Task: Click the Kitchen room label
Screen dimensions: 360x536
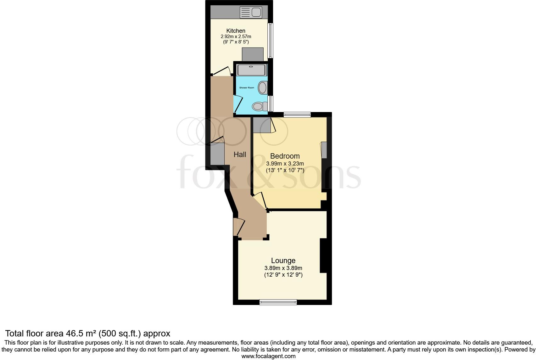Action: (x=236, y=31)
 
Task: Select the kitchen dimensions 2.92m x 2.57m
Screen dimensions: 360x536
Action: (x=236, y=37)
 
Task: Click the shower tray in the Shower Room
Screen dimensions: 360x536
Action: (x=251, y=70)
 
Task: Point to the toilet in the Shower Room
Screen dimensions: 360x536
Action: (x=259, y=107)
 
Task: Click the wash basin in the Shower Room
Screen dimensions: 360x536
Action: (x=263, y=87)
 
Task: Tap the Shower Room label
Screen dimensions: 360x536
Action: (x=247, y=87)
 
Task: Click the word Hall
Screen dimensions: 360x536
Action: (x=240, y=155)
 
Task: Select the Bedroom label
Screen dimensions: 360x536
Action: (x=285, y=156)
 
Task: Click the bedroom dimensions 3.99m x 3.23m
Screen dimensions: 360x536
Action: (x=285, y=164)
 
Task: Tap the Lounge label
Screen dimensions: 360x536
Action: (x=283, y=261)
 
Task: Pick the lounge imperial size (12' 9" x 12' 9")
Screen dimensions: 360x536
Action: (x=283, y=275)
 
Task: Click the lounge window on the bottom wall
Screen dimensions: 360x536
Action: (x=278, y=302)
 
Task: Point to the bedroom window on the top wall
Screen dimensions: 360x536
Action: (x=297, y=115)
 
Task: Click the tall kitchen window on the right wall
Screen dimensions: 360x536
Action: (x=270, y=40)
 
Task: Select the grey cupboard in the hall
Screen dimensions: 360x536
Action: (x=217, y=154)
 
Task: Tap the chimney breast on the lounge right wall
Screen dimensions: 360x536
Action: (x=323, y=256)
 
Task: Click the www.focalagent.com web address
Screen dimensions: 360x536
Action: (x=268, y=356)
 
